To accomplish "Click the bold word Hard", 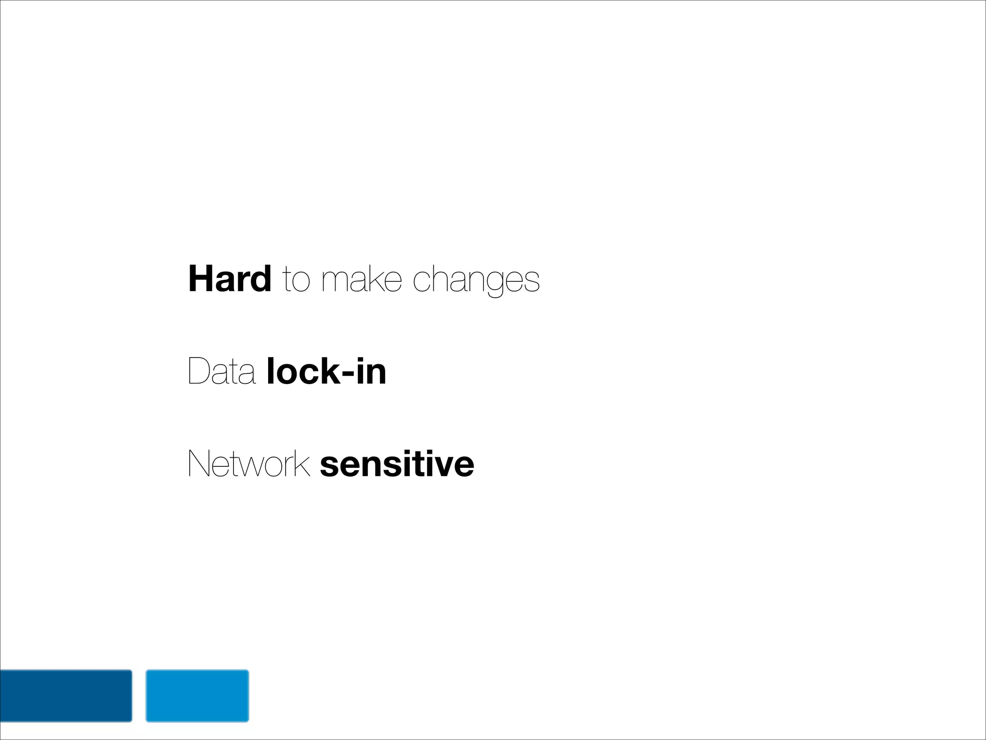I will point(230,279).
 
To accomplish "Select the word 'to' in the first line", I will point(296,280).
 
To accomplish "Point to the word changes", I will point(476,281).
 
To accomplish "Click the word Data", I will point(221,371).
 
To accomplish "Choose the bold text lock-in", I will point(326,371).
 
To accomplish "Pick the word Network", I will point(248,464).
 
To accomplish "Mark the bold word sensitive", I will point(397,464).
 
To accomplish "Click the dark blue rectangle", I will point(65,696).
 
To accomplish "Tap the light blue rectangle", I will point(197,696).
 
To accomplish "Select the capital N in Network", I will point(199,464).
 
